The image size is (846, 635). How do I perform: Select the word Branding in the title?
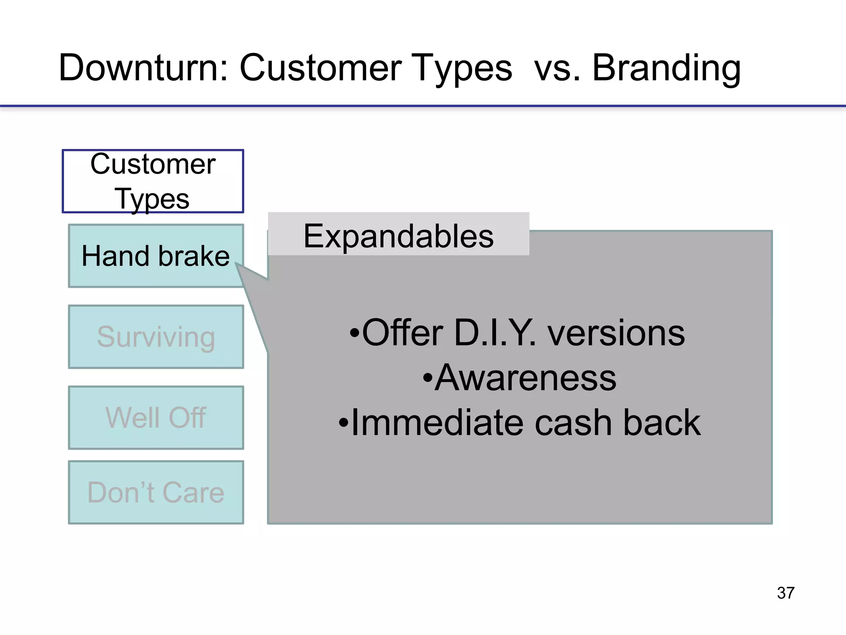666,68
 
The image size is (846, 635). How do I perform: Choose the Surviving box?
156,337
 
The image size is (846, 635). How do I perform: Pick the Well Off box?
156,418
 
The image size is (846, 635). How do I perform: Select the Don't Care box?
156,492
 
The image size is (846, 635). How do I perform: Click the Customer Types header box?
153,181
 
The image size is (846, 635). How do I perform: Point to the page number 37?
785,593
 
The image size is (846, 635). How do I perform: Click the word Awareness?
525,378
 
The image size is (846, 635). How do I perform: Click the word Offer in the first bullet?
402,333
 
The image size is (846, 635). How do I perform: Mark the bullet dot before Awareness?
428,378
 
